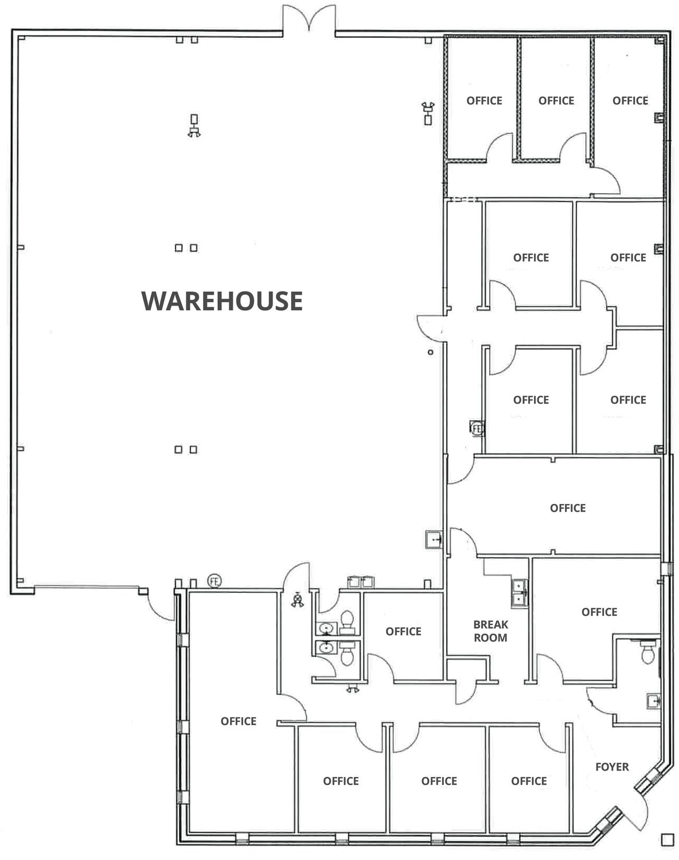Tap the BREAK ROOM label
491,631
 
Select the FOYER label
612,767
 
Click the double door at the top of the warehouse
309,18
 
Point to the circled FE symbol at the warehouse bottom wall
214,581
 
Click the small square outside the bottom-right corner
668,840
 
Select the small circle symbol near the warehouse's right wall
430,353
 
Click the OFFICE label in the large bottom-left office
239,721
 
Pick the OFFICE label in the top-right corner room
630,101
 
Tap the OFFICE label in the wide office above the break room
568,508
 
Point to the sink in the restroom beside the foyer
653,701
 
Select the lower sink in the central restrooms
326,647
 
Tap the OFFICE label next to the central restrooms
404,631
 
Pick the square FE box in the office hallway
477,428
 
